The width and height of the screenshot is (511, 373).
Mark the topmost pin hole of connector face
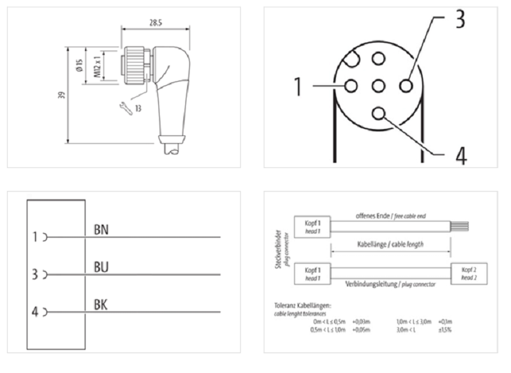(x=379, y=59)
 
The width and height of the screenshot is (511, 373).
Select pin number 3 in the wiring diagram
(x=36, y=275)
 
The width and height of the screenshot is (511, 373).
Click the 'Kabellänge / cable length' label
(x=391, y=244)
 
